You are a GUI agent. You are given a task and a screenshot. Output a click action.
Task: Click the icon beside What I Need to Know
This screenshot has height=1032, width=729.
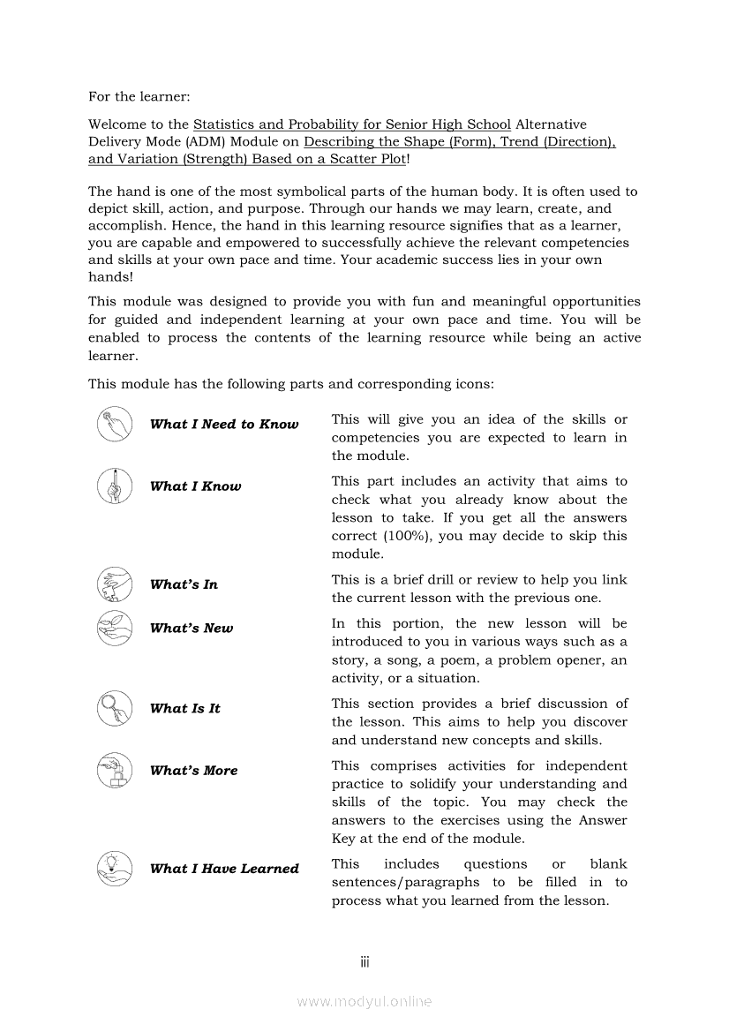115,424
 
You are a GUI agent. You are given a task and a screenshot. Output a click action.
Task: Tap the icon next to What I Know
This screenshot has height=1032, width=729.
115,486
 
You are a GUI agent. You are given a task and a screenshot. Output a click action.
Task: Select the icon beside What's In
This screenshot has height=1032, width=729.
115,584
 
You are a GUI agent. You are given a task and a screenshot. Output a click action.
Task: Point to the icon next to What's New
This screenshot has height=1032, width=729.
115,628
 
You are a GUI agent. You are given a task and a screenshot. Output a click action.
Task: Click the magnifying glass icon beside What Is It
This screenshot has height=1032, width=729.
115,707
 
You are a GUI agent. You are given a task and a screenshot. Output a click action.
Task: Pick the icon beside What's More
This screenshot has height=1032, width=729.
115,770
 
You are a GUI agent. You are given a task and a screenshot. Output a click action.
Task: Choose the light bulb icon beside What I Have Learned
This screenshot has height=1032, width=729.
115,868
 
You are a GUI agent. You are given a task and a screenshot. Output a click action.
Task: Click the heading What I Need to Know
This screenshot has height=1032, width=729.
224,425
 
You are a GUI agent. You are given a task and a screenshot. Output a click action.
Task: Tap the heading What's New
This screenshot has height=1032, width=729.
192,629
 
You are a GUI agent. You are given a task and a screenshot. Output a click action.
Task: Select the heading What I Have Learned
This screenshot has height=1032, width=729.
224,869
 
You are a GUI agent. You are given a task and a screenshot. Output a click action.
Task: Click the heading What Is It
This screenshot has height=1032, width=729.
184,708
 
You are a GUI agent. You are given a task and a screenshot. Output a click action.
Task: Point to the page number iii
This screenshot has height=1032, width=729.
364,961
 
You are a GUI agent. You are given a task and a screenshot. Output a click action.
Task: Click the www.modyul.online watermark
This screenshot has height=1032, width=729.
364,1001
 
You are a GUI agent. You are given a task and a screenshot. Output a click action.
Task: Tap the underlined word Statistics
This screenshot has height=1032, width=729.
224,124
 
